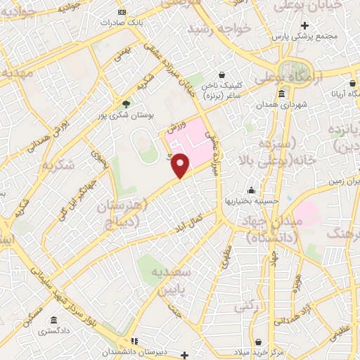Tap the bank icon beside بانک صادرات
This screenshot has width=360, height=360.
tap(122, 12)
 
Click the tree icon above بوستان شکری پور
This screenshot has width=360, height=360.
tap(127, 102)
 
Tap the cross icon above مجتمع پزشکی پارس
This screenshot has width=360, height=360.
tap(304, 25)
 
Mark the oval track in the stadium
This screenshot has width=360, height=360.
tap(146, 146)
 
